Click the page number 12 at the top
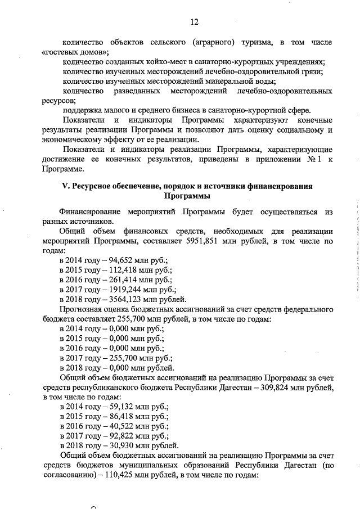194,22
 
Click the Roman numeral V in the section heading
64,187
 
